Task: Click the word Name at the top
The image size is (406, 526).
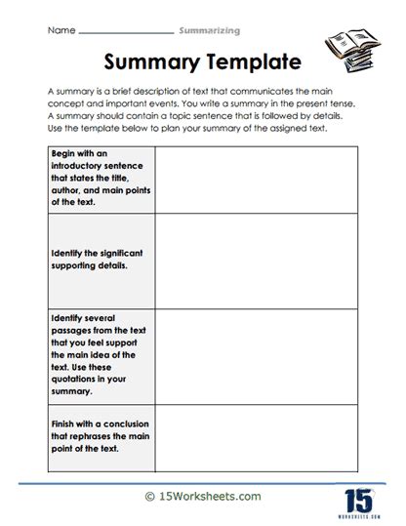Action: [x=61, y=30]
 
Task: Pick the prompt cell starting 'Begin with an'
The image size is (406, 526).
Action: [x=98, y=181]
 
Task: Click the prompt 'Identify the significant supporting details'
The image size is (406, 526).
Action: [x=98, y=258]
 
